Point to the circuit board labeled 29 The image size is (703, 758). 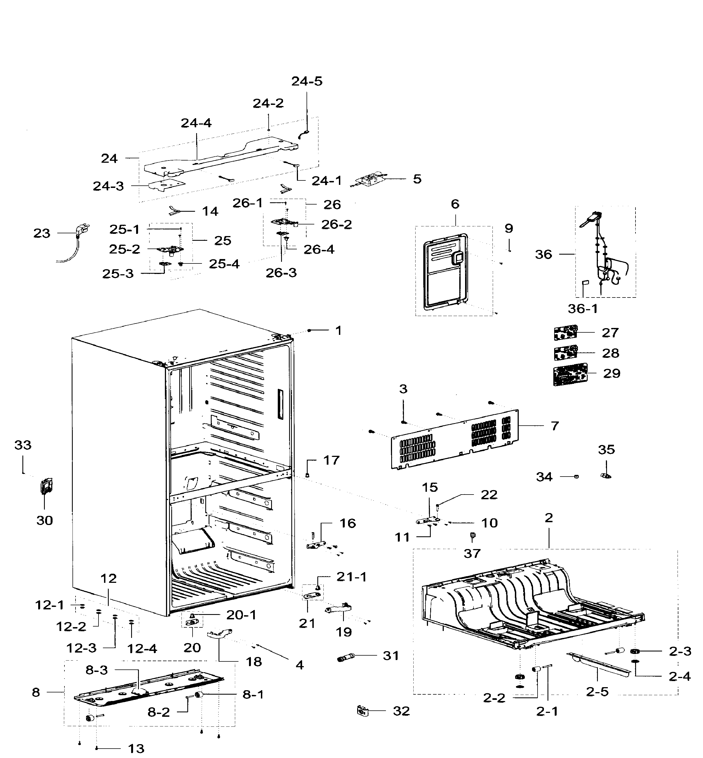click(569, 374)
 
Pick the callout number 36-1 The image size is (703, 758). click(582, 308)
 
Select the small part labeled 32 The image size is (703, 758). click(363, 710)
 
